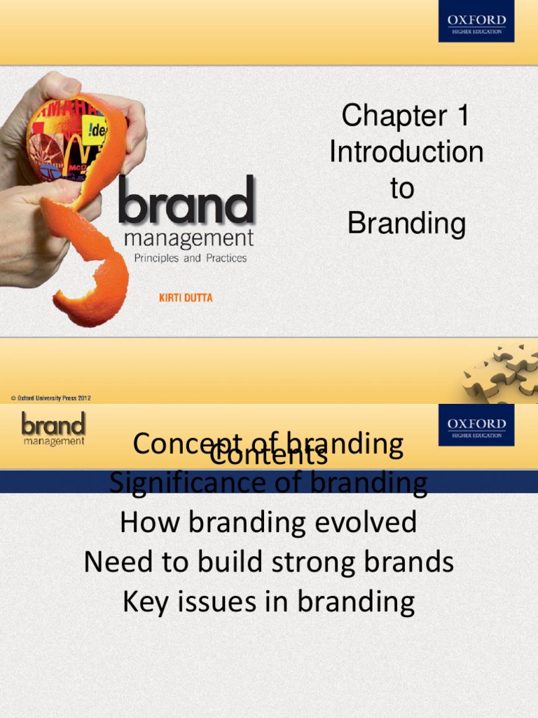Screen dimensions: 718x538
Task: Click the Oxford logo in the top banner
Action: tap(476, 21)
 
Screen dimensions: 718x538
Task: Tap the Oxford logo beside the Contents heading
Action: tap(476, 425)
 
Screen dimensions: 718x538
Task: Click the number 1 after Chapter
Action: tap(460, 116)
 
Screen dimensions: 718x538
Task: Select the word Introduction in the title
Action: tap(406, 152)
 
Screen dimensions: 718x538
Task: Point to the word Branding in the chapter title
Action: tap(406, 224)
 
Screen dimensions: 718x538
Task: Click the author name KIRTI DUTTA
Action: tap(186, 298)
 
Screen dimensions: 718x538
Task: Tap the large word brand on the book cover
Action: tap(186, 201)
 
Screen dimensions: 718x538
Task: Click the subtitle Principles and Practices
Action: tap(190, 258)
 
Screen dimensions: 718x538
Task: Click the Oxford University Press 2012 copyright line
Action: tap(50, 398)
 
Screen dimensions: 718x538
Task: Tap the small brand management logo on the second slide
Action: tap(53, 428)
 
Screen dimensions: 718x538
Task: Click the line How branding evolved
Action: tap(268, 522)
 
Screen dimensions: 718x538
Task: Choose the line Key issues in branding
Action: tap(268, 602)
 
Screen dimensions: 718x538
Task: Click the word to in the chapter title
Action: tap(402, 188)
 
